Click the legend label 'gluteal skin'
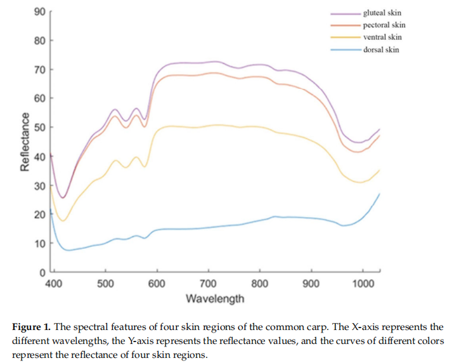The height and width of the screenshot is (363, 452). [x=382, y=13]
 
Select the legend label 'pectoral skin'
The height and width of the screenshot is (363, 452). [x=384, y=25]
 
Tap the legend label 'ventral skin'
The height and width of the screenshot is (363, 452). [x=382, y=37]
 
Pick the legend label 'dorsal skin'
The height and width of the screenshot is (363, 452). [x=381, y=49]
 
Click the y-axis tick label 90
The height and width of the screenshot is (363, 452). [x=39, y=11]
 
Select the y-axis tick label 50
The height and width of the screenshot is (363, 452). [x=39, y=128]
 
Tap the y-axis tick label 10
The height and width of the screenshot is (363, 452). [x=39, y=244]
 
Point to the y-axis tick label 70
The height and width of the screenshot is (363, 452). [x=39, y=70]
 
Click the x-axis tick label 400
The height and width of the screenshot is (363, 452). [x=54, y=284]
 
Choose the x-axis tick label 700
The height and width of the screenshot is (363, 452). [x=209, y=284]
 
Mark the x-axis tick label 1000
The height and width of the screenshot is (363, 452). [x=363, y=284]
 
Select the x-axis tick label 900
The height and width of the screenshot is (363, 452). [x=311, y=284]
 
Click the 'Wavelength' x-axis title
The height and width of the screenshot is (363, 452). [x=215, y=298]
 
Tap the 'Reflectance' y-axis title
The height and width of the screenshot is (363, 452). [x=25, y=142]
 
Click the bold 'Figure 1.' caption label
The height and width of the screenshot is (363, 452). [x=31, y=327]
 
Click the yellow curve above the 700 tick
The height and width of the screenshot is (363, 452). [x=209, y=126]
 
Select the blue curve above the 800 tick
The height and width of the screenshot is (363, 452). [x=260, y=221]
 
